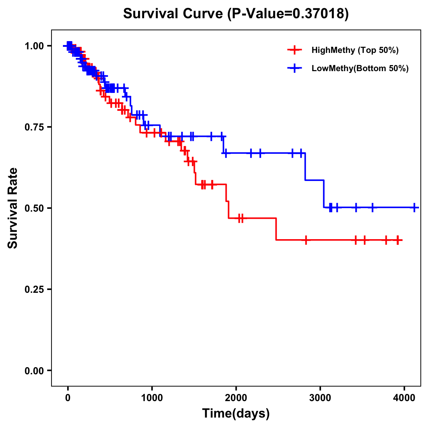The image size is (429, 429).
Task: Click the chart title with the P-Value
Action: [x=236, y=14]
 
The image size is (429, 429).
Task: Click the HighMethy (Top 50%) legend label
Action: [x=355, y=50]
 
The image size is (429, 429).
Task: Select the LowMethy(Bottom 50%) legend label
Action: [x=360, y=68]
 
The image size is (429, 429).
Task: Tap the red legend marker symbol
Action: [x=294, y=50]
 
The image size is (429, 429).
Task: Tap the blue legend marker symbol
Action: [x=294, y=68]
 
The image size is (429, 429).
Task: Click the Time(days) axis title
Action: [x=236, y=414]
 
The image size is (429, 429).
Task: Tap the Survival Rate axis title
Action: [x=13, y=208]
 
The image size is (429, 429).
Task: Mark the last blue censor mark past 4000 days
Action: [x=414, y=207]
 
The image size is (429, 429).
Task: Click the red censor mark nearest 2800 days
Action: [x=306, y=240]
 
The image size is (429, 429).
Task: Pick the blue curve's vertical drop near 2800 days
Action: [x=305, y=167]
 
